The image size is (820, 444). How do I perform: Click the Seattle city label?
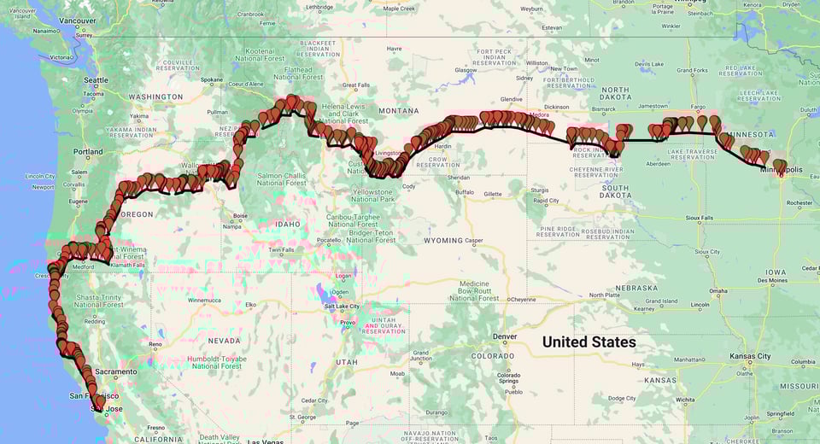96,80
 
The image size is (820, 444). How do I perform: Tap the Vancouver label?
79,20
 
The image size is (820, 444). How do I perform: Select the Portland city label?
88,152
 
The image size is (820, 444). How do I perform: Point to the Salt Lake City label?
347,307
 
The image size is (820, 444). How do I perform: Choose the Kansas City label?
752,356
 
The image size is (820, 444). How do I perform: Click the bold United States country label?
589,342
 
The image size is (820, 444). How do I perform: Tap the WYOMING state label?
442,241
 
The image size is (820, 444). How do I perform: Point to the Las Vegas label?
266,441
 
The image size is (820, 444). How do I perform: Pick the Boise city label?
239,216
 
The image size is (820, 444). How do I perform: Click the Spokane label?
212,80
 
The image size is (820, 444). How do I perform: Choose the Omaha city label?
717,291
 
